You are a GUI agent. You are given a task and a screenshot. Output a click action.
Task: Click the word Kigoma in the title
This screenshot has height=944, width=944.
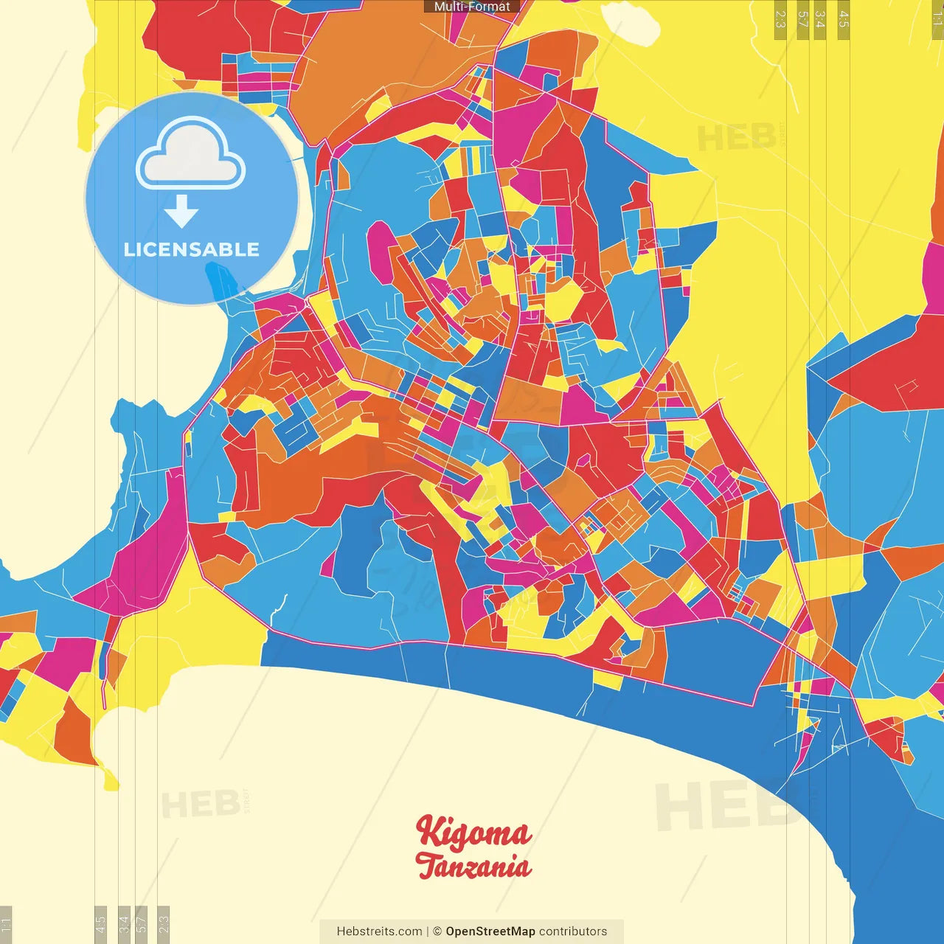[473, 833]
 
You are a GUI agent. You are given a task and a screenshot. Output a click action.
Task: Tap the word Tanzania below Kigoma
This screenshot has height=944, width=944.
[473, 865]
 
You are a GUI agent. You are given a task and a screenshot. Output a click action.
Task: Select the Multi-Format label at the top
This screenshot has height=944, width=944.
[472, 7]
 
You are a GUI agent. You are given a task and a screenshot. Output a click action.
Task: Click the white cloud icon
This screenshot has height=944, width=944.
[191, 157]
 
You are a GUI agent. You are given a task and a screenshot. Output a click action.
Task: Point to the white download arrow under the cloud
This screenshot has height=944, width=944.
[181, 212]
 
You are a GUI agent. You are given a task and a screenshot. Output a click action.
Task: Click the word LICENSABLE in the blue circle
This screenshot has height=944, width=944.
[192, 249]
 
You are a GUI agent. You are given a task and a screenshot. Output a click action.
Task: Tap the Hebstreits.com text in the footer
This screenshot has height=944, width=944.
[379, 931]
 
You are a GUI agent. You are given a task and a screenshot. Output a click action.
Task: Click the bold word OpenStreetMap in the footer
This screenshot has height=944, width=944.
[490, 931]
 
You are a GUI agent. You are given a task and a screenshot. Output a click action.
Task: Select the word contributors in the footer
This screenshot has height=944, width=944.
[573, 931]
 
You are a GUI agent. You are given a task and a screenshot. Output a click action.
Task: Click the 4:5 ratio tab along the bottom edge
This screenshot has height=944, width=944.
[100, 924]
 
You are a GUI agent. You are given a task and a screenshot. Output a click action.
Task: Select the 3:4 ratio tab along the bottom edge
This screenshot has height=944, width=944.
[124, 924]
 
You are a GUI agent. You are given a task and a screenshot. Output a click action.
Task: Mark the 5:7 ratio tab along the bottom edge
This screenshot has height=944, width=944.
[141, 924]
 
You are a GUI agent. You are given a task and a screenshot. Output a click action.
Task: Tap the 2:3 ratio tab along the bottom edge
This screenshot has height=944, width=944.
[163, 924]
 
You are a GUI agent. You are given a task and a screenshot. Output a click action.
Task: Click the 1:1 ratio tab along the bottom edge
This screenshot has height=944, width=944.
[6, 924]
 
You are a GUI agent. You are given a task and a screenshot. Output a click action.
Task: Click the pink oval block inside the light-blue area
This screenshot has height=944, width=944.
[381, 251]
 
